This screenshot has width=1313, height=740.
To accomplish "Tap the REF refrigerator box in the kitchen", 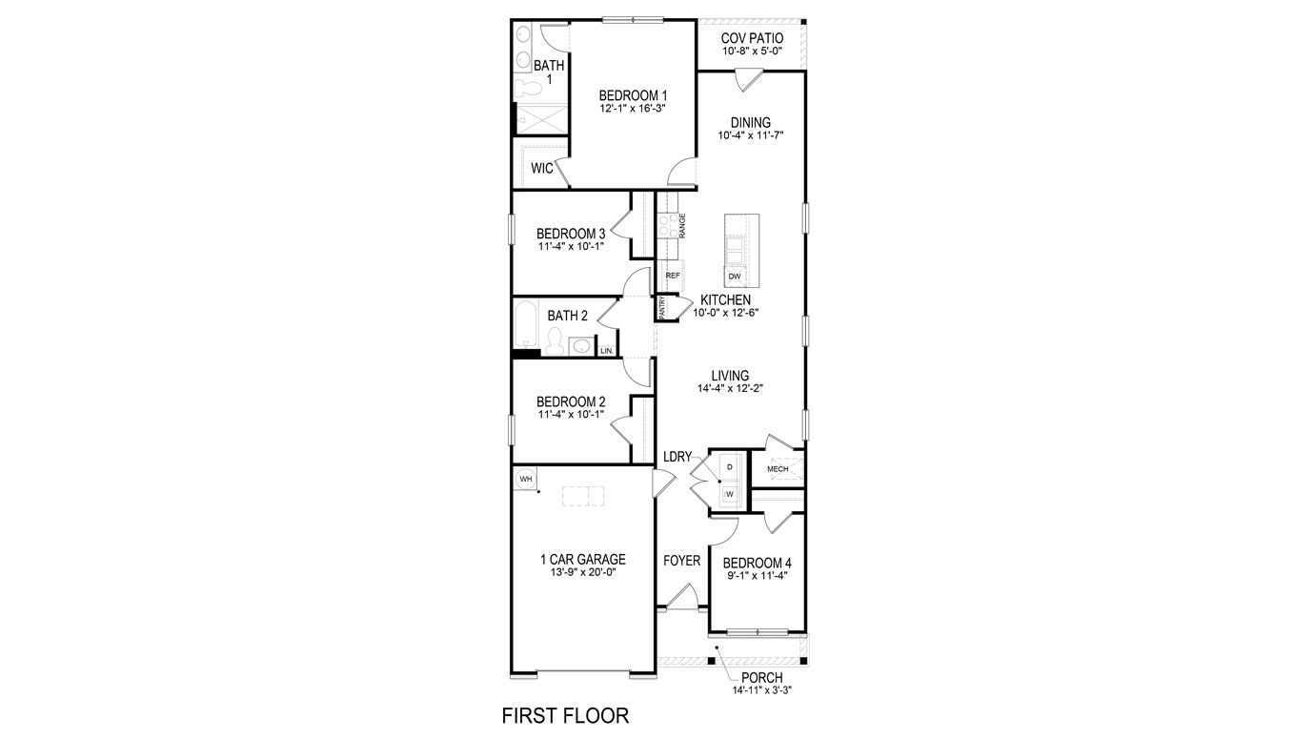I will coord(672,276).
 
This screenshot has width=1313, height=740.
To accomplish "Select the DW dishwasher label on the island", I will coord(734,277).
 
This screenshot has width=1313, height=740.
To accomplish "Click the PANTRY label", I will coord(661,307).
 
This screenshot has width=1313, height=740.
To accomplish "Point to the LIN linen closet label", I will coord(606,351).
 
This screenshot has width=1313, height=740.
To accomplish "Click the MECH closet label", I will coord(778,469).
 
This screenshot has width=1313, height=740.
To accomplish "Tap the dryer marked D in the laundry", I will coord(730,467).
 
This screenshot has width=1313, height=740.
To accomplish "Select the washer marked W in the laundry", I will coord(730,495).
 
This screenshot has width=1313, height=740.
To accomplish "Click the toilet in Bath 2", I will coord(555,338).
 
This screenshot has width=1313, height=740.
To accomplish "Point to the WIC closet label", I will coord(542,169).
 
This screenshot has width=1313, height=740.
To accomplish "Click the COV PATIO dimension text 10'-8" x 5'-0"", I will coord(752,51).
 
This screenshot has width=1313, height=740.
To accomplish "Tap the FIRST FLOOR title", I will coord(565,715).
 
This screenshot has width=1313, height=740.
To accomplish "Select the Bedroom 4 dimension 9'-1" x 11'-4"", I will coord(756,575).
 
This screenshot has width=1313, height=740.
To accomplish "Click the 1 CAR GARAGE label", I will coord(582,560).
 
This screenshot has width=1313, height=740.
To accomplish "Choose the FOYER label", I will coord(681,560).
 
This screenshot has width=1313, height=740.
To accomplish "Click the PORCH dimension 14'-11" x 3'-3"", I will coord(761,689).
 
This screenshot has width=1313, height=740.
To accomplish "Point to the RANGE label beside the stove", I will coord(682,225).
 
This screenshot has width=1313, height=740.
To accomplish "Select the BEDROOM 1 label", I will coord(633,95).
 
